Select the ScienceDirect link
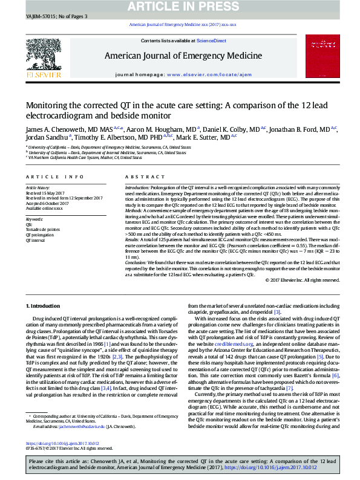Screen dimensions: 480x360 click(x=212, y=41)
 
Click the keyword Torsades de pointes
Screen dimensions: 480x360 click(x=43, y=229)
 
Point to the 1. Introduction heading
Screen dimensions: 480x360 click(x=45, y=307)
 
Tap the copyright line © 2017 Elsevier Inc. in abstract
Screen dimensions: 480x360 click(x=303, y=281)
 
